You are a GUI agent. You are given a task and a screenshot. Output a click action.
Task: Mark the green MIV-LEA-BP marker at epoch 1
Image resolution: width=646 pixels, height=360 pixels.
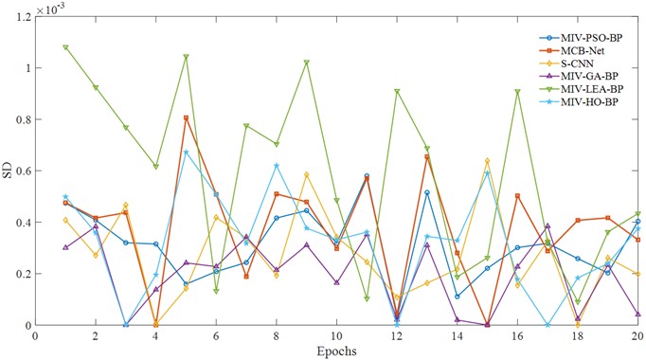coord(65,47)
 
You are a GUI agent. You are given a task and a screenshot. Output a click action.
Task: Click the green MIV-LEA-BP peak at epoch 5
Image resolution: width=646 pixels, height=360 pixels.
coord(186,57)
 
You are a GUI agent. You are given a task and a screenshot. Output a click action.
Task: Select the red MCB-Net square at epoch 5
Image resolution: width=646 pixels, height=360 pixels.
coord(186,118)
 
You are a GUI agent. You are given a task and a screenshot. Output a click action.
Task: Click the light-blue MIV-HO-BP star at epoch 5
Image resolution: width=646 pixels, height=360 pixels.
coord(186,153)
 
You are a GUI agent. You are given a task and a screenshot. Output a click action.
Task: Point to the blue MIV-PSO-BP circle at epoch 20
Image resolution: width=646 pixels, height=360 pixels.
coord(637,222)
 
